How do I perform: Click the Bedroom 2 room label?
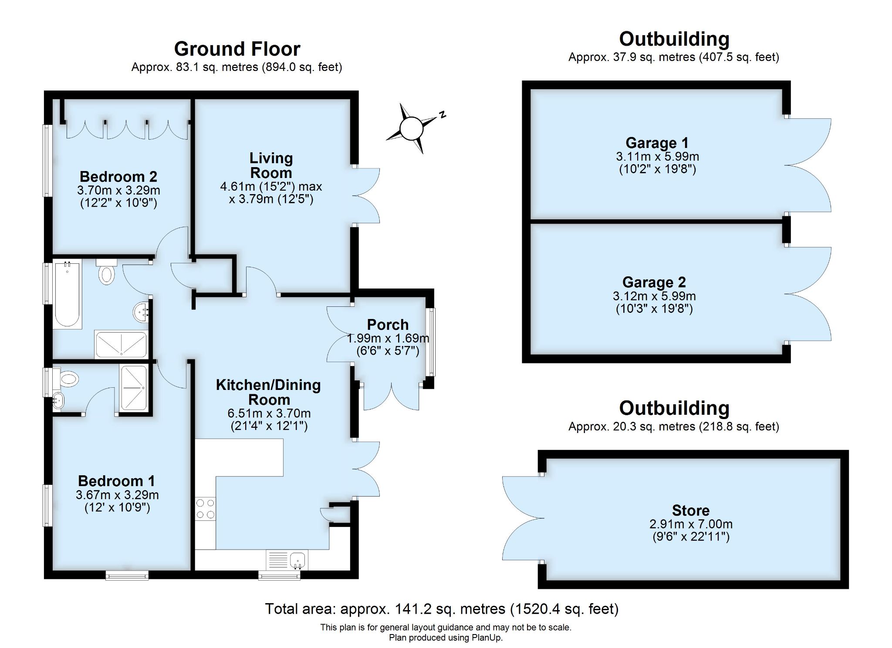click(118, 177)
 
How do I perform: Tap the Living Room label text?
click(271, 165)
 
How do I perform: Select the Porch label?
click(388, 325)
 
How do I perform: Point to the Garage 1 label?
click(657, 143)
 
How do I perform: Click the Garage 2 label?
click(654, 282)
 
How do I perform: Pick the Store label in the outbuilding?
click(691, 510)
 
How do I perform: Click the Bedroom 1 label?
click(116, 481)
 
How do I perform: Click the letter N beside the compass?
click(443, 115)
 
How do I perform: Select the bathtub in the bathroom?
click(68, 294)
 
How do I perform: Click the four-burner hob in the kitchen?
click(205, 509)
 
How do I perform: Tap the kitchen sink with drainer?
click(287, 560)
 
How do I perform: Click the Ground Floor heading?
click(237, 49)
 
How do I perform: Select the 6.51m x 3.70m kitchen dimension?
click(269, 413)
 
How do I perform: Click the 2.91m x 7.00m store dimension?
click(691, 524)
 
